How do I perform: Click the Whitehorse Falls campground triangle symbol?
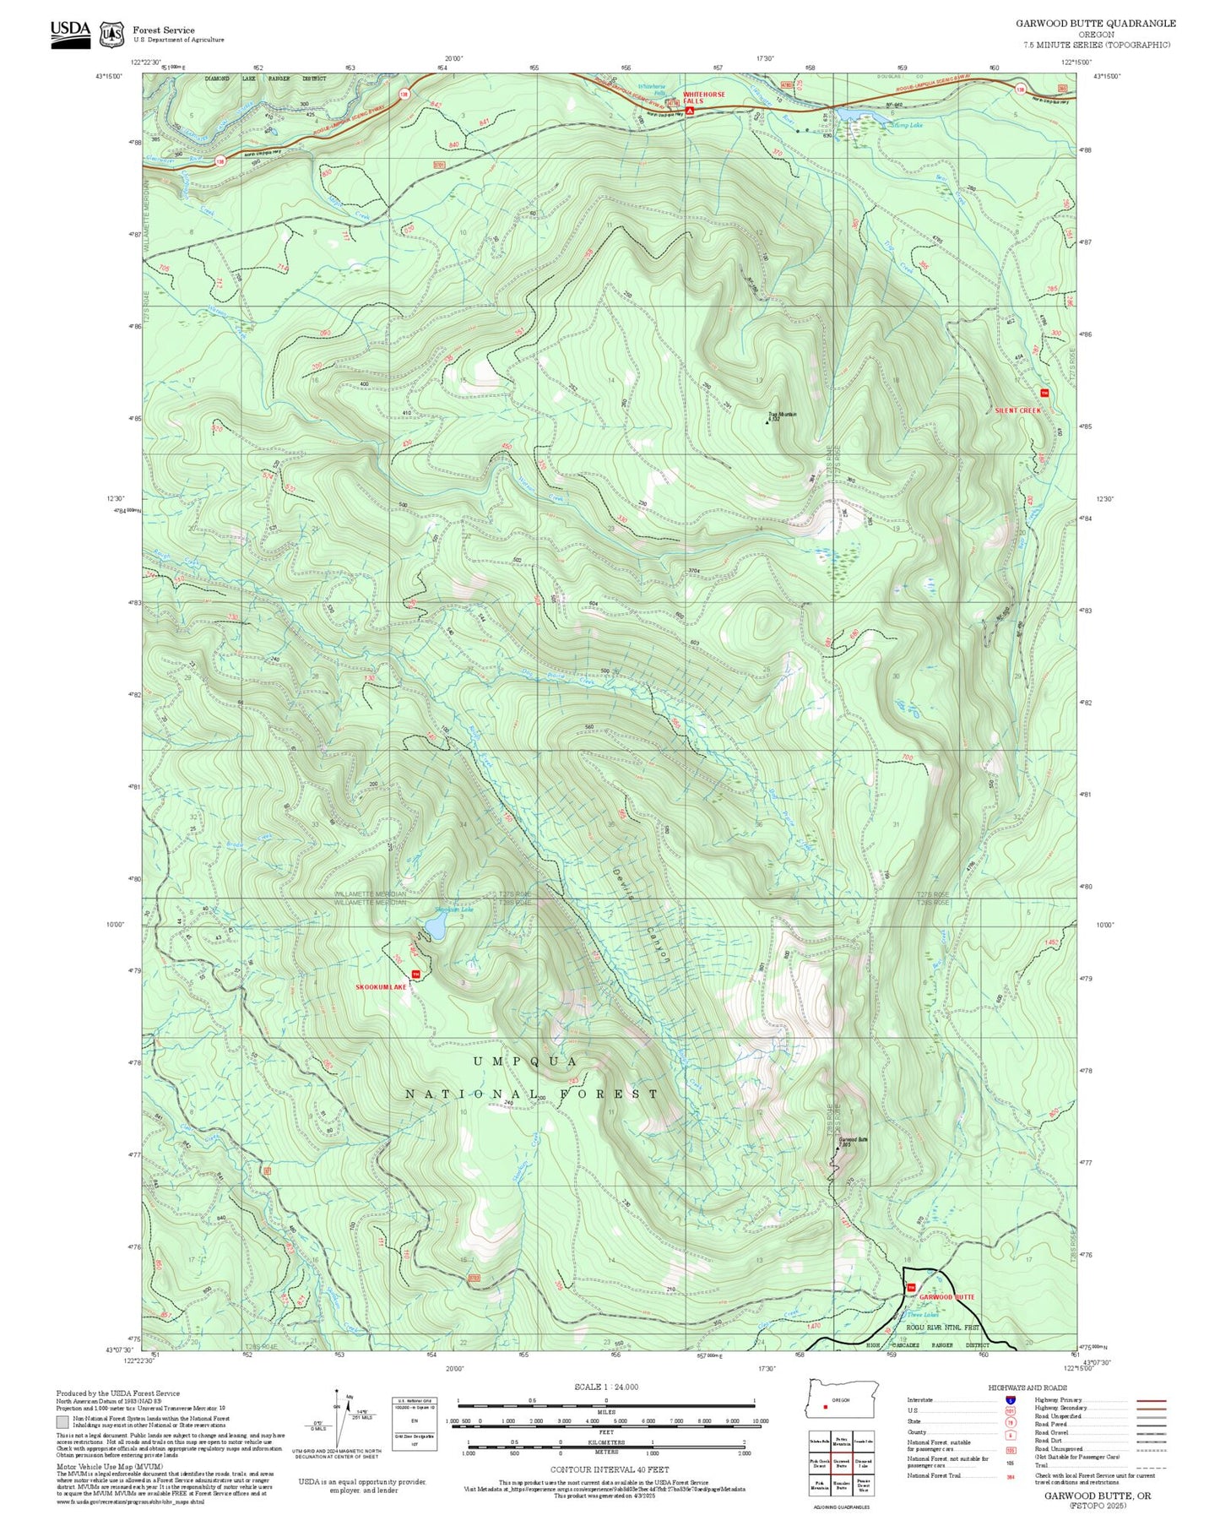pos(690,111)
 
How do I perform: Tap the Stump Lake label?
pos(907,125)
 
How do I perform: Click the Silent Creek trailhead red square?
pos(1044,393)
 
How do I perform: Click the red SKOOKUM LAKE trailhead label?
pos(382,986)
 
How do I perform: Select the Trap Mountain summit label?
pos(782,414)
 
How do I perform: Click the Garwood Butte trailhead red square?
pos(910,1287)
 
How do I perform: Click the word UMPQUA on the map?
pos(525,1062)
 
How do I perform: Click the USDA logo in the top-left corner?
pos(70,34)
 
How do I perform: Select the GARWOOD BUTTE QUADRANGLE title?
pos(1095,23)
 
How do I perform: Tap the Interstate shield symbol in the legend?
pos(1010,1399)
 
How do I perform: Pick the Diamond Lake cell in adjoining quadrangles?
pos(864,1465)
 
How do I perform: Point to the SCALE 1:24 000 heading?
pos(606,1387)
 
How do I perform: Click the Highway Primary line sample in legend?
pos(1152,1400)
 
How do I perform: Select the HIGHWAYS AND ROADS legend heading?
pos(1028,1387)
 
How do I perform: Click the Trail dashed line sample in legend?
pos(1152,1465)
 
